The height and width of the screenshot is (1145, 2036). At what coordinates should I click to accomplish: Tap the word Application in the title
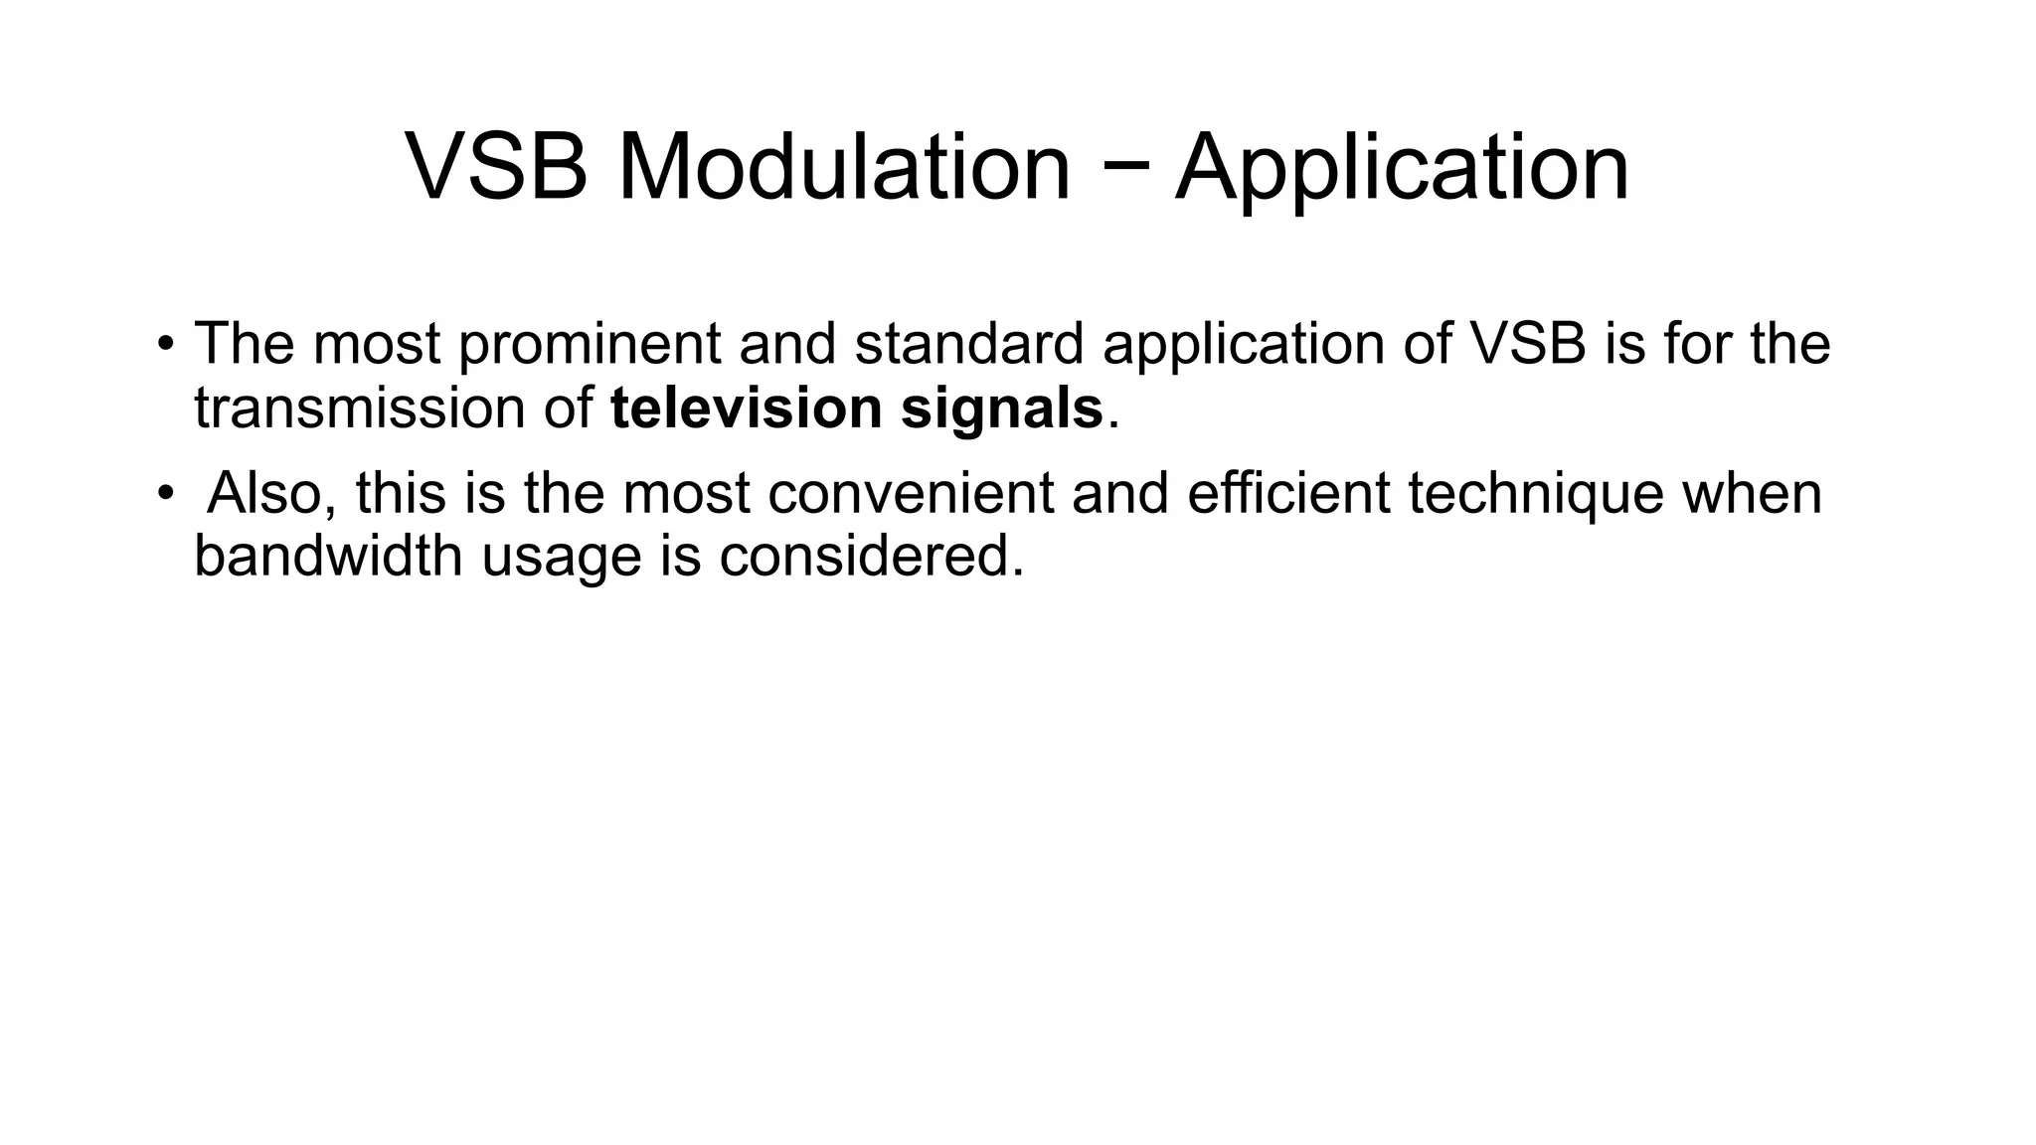(1402, 168)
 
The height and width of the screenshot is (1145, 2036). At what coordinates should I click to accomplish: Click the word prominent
(590, 345)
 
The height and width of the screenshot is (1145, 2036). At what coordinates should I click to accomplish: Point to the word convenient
(911, 493)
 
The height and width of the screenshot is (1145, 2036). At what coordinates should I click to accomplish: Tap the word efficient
(1288, 493)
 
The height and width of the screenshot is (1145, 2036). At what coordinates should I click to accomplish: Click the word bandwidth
(328, 555)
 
